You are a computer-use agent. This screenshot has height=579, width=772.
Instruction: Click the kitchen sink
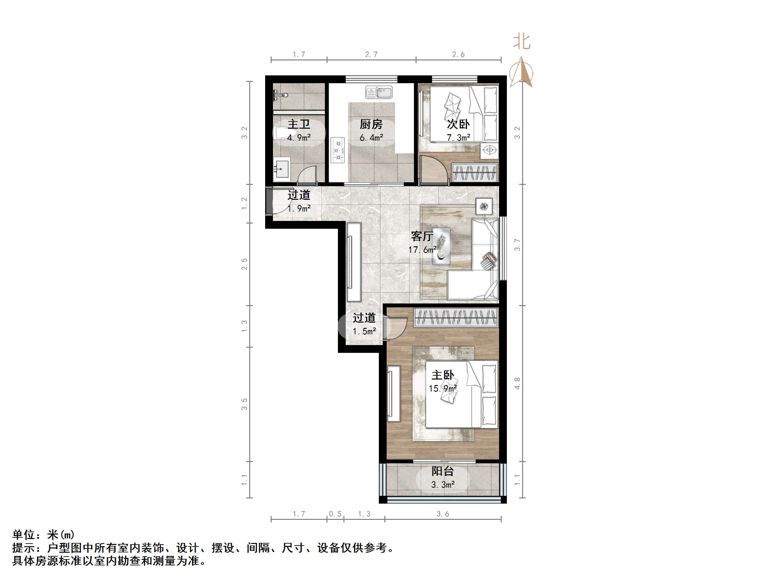(x=379, y=93)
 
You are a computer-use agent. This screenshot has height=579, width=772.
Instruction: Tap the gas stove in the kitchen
(x=338, y=150)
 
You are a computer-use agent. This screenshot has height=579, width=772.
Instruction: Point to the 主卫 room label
(x=299, y=124)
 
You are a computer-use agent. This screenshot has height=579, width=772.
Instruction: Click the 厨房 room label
(x=371, y=124)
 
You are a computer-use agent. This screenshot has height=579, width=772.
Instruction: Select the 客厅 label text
(x=422, y=236)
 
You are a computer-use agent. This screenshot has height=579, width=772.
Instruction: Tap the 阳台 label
(x=443, y=471)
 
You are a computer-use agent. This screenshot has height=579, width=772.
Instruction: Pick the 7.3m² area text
(x=458, y=137)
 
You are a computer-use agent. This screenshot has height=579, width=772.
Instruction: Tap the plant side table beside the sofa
(x=484, y=206)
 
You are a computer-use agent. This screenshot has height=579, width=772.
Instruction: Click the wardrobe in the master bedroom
(x=456, y=317)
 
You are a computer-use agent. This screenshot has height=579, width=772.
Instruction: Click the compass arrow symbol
(x=521, y=72)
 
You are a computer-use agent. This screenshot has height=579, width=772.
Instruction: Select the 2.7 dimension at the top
(x=371, y=55)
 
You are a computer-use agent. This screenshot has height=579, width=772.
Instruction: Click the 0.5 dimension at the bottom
(x=335, y=514)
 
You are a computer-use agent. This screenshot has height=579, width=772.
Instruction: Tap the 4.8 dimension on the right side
(x=517, y=383)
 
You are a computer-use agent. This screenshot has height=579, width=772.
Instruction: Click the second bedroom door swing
(x=434, y=169)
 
